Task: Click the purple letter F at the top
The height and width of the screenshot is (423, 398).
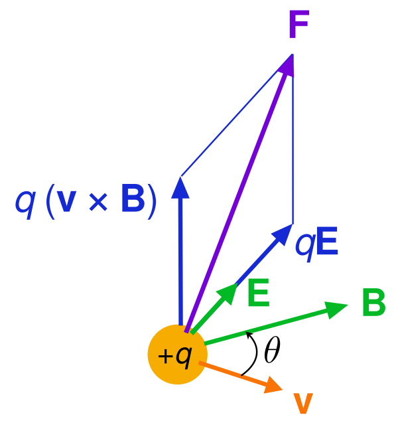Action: pos(298,26)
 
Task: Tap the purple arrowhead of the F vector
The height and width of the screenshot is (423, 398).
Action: pos(287,64)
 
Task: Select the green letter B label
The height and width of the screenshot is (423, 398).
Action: pos(373,303)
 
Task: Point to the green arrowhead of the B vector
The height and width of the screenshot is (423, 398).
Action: pos(336,308)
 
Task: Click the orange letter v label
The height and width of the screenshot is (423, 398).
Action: pos(302,404)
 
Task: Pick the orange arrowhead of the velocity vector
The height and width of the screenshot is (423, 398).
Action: pos(273,384)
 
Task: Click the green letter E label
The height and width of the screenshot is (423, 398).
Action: pos(258,294)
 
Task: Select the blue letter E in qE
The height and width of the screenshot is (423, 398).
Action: pos(326,242)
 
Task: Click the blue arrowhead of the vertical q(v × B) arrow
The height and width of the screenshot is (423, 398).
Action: pos(180,188)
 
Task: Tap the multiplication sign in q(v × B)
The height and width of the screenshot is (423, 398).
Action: pos(98,203)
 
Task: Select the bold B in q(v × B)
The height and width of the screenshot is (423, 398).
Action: pos(132,200)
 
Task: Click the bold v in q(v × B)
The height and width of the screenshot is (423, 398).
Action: pos(66,202)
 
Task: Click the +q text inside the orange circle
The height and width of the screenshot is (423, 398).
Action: pos(175,355)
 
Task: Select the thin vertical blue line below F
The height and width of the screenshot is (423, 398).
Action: pos(293,146)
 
